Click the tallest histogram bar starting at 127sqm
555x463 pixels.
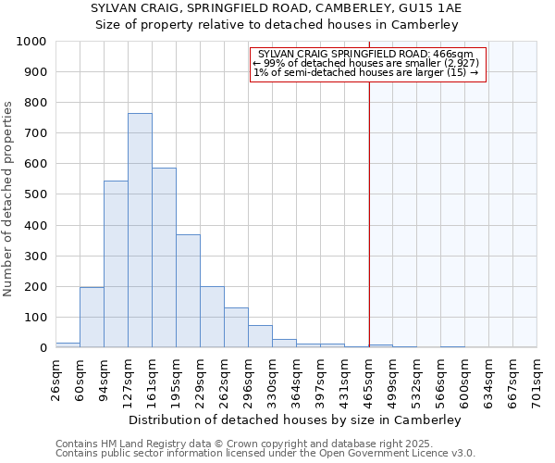pos(140,231)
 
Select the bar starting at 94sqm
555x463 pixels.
pos(116,264)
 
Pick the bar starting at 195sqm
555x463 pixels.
pos(188,291)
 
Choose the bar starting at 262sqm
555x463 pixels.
pos(236,328)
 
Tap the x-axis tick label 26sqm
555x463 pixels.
pos(56,380)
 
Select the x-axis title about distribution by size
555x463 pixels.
pos(295,419)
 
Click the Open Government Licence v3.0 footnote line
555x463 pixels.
pos(265,454)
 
